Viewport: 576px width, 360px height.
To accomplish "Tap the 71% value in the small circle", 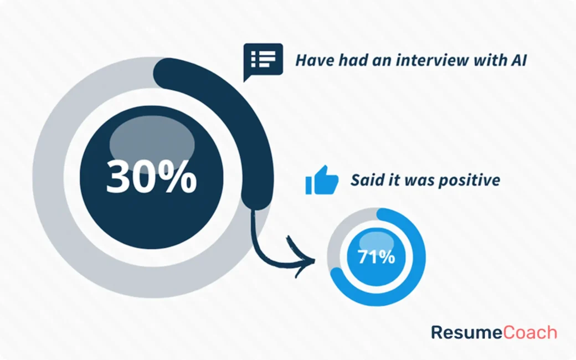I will [376, 258].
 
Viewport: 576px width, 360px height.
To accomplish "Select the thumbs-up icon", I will [321, 180].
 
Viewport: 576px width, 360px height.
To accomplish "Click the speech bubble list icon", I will [263, 59].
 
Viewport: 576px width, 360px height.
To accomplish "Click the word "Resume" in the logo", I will [467, 332].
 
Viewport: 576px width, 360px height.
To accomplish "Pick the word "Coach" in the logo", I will [530, 332].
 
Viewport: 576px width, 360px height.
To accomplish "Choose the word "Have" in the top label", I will [311, 60].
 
